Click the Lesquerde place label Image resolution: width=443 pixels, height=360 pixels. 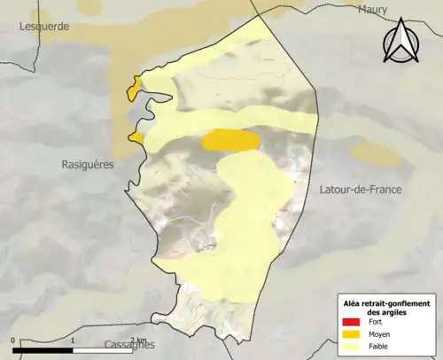pyautogui.click(x=44, y=27)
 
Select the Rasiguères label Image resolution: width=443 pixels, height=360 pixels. pyautogui.click(x=88, y=164)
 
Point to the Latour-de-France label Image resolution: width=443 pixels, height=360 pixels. pyautogui.click(x=359, y=190)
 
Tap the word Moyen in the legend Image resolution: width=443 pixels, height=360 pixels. pyautogui.click(x=380, y=333)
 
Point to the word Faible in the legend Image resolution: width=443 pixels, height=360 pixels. pyautogui.click(x=379, y=346)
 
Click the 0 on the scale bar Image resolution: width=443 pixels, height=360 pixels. pyautogui.click(x=13, y=340)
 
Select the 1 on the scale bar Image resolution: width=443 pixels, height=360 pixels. pyautogui.click(x=73, y=340)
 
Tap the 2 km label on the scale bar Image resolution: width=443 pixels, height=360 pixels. pyautogui.click(x=137, y=340)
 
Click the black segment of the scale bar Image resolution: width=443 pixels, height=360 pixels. pyautogui.click(x=43, y=350)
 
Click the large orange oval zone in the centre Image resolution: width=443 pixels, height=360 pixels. pyautogui.click(x=230, y=140)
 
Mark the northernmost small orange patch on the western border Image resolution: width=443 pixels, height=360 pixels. pyautogui.click(x=134, y=89)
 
